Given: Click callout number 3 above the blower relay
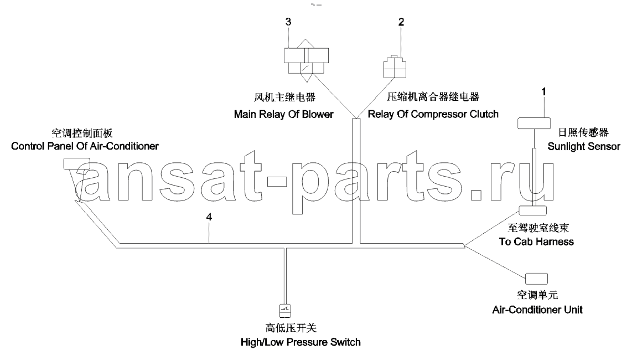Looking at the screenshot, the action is pyautogui.click(x=288, y=22).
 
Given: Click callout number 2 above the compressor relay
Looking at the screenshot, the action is pyautogui.click(x=401, y=22).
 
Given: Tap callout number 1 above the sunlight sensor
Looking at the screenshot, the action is pyautogui.click(x=543, y=92).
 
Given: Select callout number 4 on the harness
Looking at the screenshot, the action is pyautogui.click(x=209, y=217).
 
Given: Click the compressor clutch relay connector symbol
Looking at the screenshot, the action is pyautogui.click(x=394, y=67).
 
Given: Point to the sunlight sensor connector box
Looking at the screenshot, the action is pyautogui.click(x=533, y=123).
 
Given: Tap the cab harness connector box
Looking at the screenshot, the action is pyautogui.click(x=532, y=210).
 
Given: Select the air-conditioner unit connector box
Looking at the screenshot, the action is pyautogui.click(x=536, y=279).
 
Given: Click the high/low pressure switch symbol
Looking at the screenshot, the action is pyautogui.click(x=285, y=310).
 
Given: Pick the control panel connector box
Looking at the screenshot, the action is pyautogui.click(x=76, y=163).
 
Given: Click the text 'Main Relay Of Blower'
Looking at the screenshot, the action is pyautogui.click(x=284, y=114).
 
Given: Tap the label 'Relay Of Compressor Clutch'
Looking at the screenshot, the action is pyautogui.click(x=433, y=114).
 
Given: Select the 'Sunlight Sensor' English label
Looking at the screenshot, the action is pyautogui.click(x=584, y=147).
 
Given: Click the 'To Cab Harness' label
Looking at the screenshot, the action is pyautogui.click(x=536, y=241).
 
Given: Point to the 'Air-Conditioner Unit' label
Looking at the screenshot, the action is pyautogui.click(x=537, y=310).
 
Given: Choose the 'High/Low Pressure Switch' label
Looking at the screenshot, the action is pyautogui.click(x=301, y=342).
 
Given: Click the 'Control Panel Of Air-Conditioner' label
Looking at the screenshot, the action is pyautogui.click(x=85, y=146).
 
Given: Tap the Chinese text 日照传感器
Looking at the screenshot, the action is pyautogui.click(x=583, y=132).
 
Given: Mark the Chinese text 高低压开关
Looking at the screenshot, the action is pyautogui.click(x=291, y=328).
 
